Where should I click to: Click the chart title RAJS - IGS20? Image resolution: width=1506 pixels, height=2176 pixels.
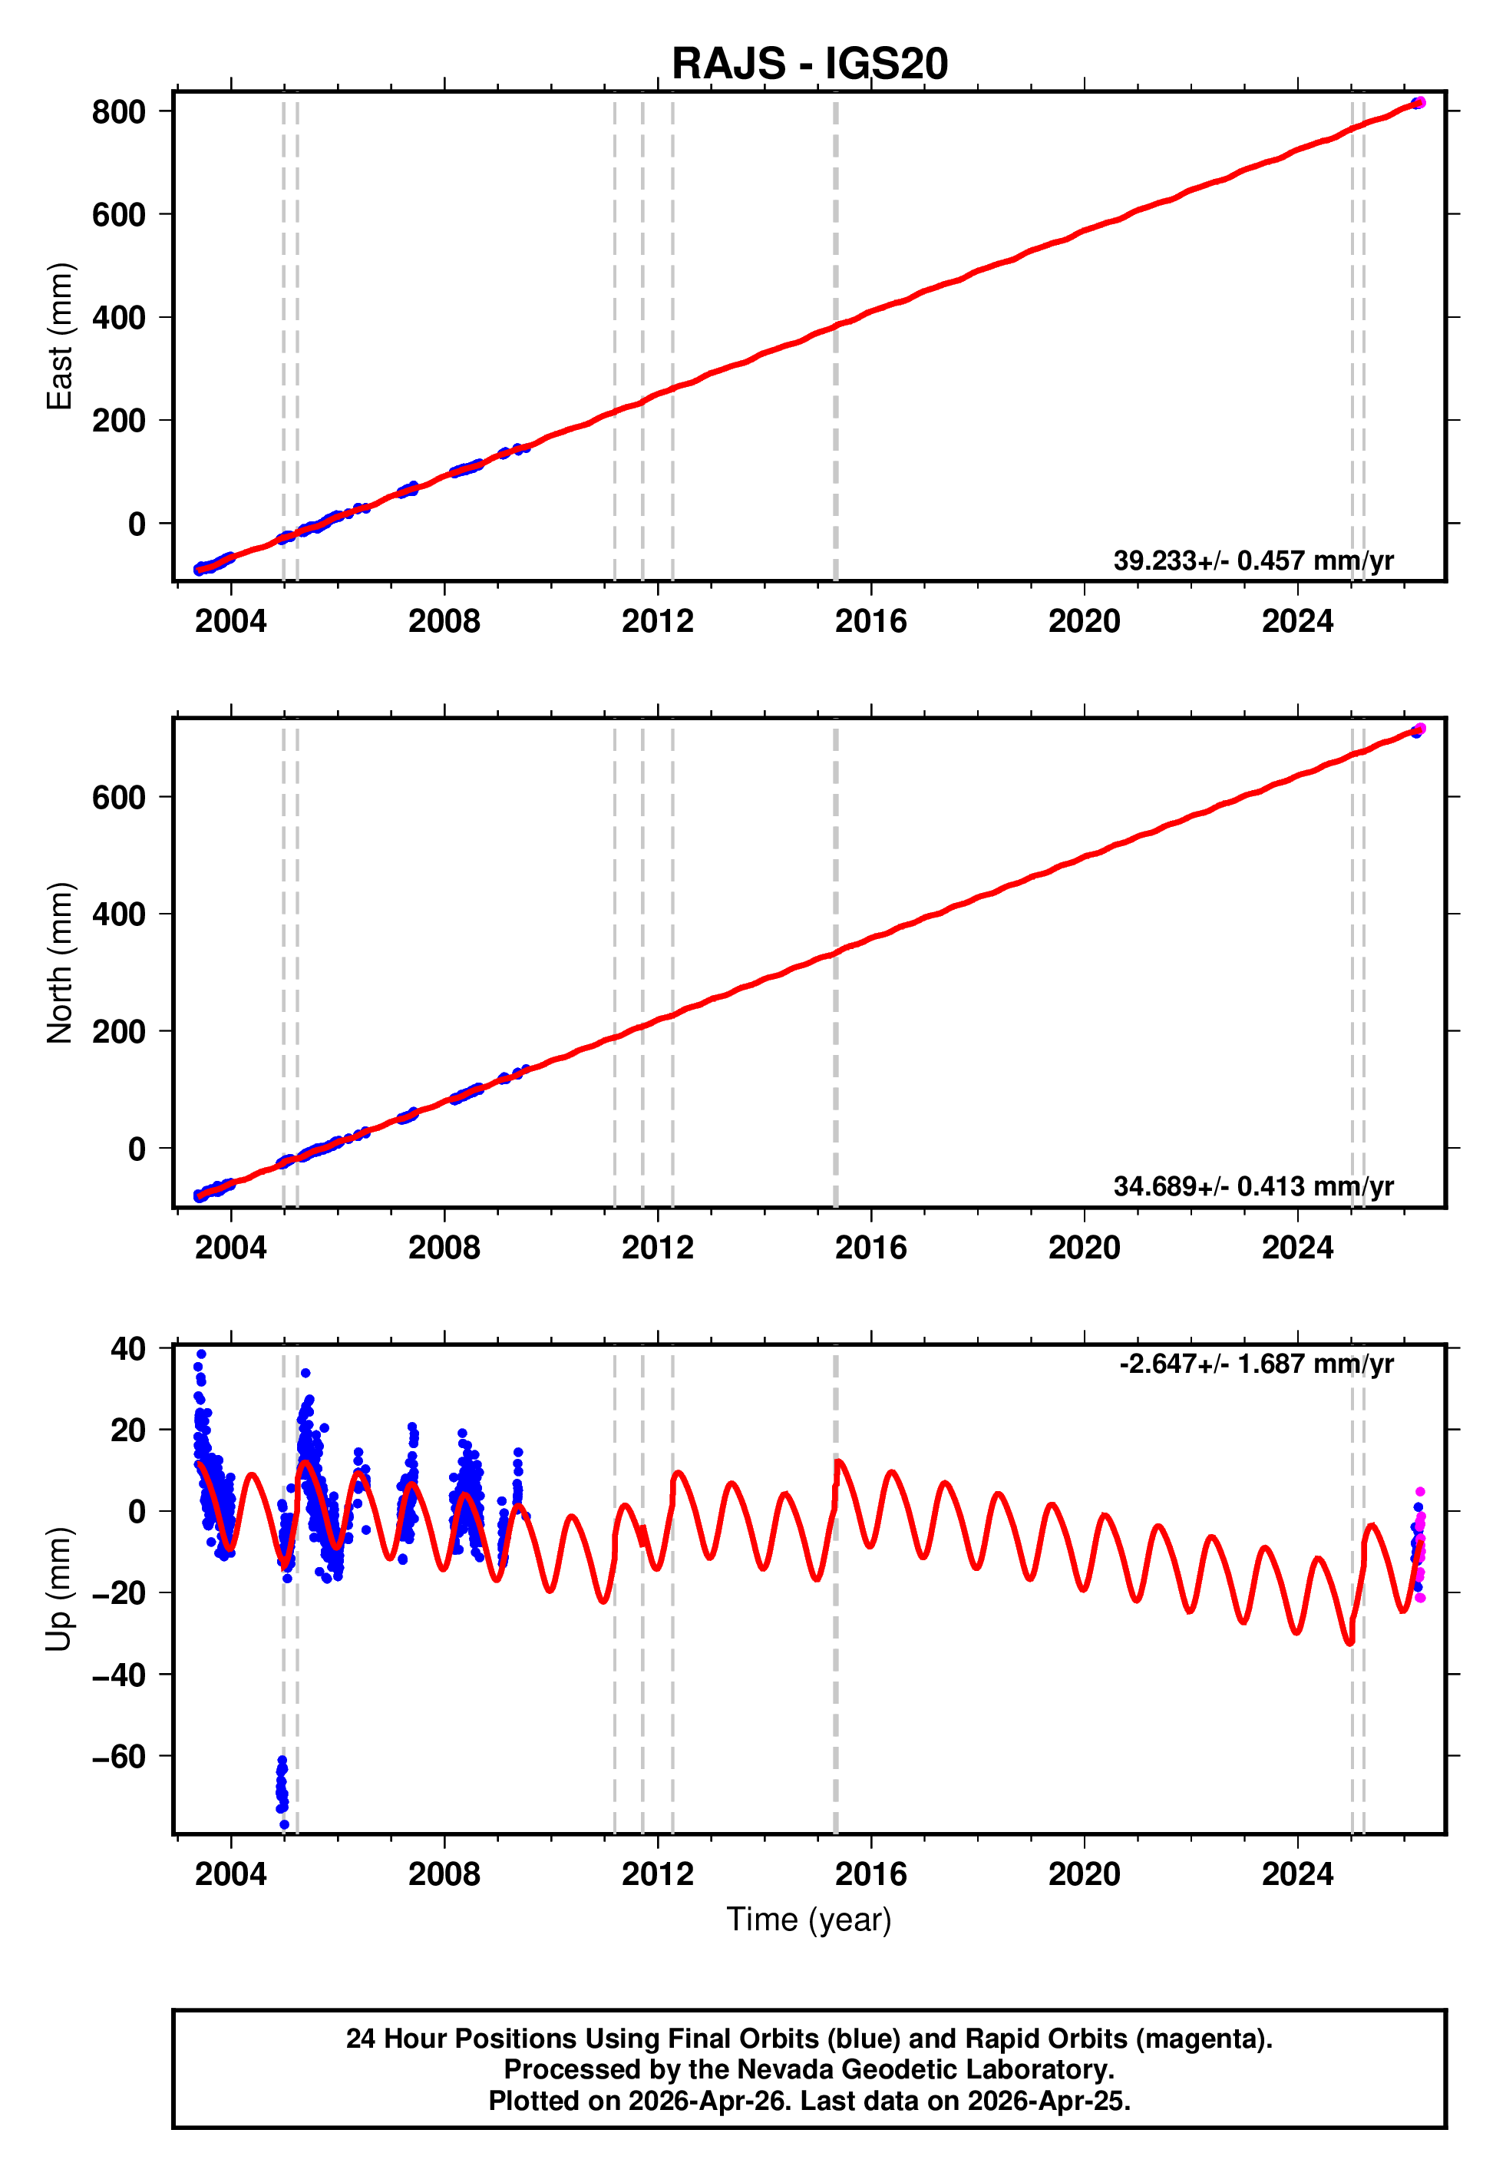point(809,64)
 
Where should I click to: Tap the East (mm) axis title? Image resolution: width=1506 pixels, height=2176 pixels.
point(59,336)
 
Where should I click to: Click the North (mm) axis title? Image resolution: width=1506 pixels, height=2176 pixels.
point(59,963)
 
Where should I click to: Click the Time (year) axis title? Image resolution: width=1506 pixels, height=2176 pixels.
point(809,1920)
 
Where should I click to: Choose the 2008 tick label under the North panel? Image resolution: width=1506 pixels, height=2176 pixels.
point(444,1248)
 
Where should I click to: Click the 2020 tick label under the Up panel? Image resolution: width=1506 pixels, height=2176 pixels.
point(1083,1874)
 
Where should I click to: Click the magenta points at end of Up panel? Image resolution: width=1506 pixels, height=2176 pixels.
point(1419,1548)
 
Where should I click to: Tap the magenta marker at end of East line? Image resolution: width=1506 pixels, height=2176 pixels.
point(1420,103)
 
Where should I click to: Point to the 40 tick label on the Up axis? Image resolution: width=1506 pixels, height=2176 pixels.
point(127,1349)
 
